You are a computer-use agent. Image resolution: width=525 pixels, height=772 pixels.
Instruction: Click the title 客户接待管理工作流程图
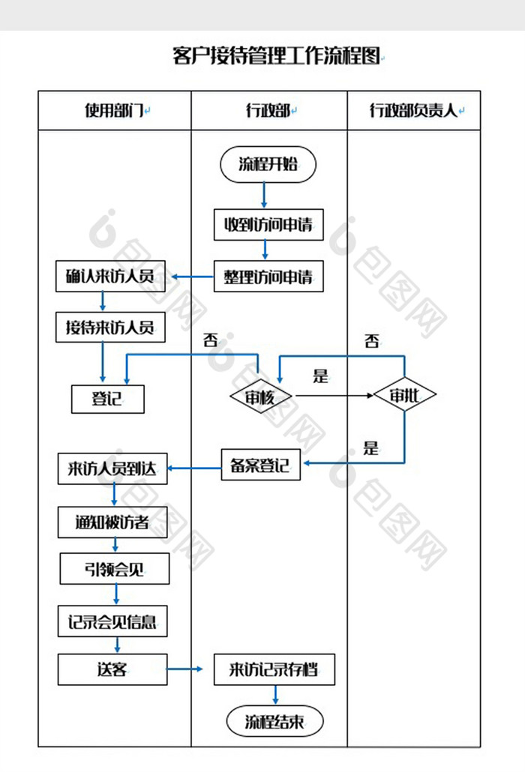pyautogui.click(x=276, y=55)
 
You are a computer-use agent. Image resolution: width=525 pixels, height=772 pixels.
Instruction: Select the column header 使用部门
pyautogui.click(x=114, y=110)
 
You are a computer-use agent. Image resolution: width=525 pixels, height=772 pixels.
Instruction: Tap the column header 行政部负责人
pyautogui.click(x=414, y=110)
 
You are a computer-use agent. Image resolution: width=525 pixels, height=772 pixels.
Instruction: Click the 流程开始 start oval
pyautogui.click(x=268, y=164)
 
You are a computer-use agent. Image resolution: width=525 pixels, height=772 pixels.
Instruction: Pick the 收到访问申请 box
pyautogui.click(x=268, y=225)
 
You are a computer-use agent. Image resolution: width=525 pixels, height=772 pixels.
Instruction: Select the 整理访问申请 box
pyautogui.click(x=268, y=277)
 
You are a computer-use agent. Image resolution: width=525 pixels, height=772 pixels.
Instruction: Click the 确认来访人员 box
pyautogui.click(x=110, y=277)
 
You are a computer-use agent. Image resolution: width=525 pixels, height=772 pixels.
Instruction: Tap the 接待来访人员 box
pyautogui.click(x=110, y=328)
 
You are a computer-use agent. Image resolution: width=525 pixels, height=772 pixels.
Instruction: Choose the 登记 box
pyautogui.click(x=108, y=399)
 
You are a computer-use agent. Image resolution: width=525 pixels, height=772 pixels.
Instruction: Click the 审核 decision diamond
pyautogui.click(x=260, y=396)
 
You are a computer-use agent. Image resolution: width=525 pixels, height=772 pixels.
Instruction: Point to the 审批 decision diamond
pyautogui.click(x=405, y=395)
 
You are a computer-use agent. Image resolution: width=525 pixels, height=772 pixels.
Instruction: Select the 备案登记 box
pyautogui.click(x=260, y=465)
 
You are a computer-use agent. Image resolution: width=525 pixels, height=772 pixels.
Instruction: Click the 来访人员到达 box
pyautogui.click(x=112, y=468)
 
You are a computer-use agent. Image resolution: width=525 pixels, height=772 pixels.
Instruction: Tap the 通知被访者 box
pyautogui.click(x=112, y=522)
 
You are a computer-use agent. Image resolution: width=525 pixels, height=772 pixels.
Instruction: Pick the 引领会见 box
pyautogui.click(x=115, y=569)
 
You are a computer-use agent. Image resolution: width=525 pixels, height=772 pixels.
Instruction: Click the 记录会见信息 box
pyautogui.click(x=112, y=621)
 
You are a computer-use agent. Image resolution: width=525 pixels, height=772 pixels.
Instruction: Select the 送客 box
pyautogui.click(x=112, y=669)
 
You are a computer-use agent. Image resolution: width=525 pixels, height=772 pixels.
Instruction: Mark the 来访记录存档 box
pyautogui.click(x=274, y=669)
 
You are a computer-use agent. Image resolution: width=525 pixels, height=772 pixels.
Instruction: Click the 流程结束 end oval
pyautogui.click(x=274, y=722)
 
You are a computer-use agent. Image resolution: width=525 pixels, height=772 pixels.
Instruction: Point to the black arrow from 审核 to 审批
pyautogui.click(x=334, y=395)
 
